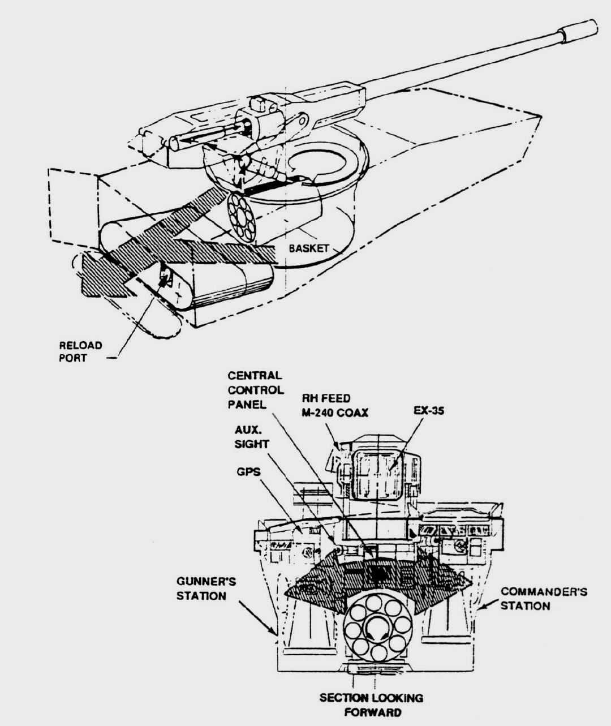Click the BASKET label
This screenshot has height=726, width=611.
click(x=308, y=248)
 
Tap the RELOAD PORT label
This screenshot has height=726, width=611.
click(x=80, y=351)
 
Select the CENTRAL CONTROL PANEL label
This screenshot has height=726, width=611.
click(x=256, y=390)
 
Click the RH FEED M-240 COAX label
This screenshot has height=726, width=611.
click(x=335, y=406)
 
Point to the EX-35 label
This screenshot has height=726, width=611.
click(x=429, y=411)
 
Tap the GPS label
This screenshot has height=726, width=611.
click(x=248, y=472)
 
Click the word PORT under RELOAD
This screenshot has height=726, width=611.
click(x=72, y=358)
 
